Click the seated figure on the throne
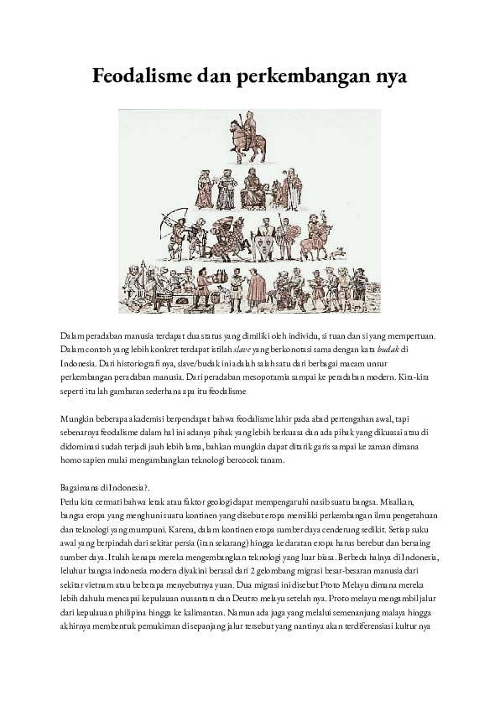253,188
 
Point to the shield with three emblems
266,242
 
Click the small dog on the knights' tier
339,252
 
